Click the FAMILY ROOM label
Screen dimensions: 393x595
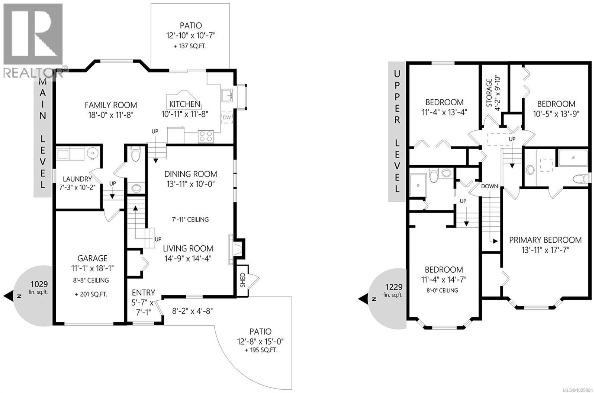click(x=110, y=105)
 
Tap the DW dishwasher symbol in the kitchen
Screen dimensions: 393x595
click(x=226, y=118)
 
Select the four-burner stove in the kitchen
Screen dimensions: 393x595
click(x=205, y=136)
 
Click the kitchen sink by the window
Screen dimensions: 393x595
click(x=226, y=96)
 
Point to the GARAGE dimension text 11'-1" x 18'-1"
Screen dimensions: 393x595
click(x=92, y=268)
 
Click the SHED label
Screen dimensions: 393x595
click(x=242, y=280)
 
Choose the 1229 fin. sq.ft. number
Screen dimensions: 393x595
click(x=393, y=287)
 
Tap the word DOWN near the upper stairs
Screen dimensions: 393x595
click(x=489, y=186)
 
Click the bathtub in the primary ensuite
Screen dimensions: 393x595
click(x=573, y=158)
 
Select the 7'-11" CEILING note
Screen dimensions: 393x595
click(x=190, y=220)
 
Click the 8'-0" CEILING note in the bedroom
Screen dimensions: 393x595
click(x=444, y=290)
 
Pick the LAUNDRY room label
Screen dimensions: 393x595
click(x=77, y=179)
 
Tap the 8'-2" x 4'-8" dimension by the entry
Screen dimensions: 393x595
click(x=193, y=310)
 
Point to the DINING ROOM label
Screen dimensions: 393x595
click(x=190, y=174)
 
